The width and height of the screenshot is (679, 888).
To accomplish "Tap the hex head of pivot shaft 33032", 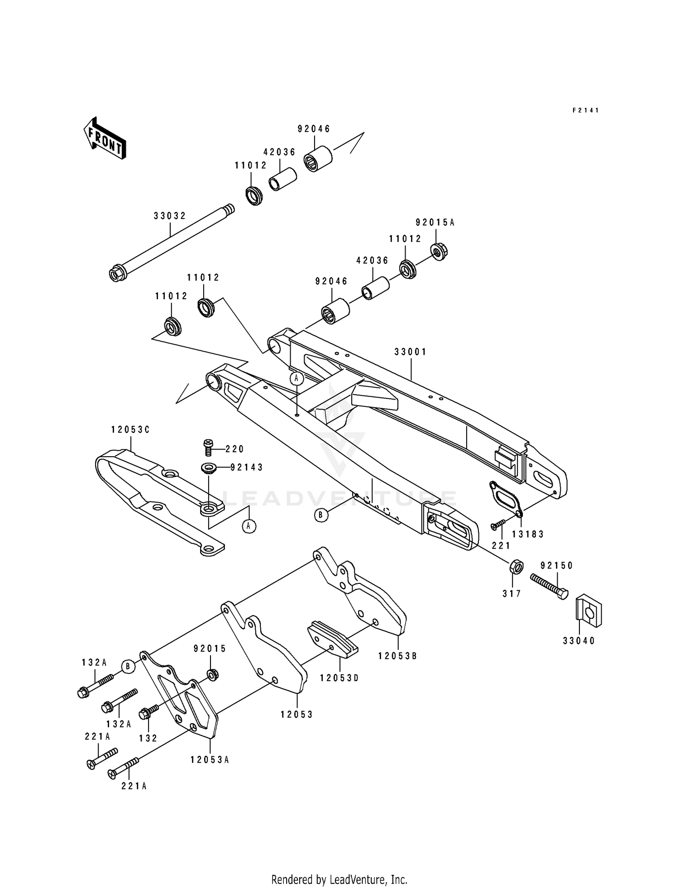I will [116, 274].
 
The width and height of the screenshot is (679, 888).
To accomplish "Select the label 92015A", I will [435, 222].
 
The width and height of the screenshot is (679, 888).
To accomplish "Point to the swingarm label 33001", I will [410, 352].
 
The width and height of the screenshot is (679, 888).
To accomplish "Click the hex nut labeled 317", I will [516, 567].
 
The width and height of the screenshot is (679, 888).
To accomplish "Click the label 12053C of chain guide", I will [130, 430].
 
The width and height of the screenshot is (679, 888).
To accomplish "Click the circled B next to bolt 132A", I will [128, 666].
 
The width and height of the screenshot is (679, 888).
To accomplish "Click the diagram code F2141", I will [585, 110].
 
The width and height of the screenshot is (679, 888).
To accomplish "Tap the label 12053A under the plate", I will [210, 760].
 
